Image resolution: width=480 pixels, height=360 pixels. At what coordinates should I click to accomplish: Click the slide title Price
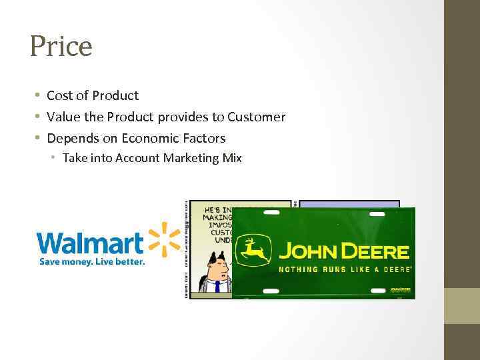pyautogui.click(x=61, y=46)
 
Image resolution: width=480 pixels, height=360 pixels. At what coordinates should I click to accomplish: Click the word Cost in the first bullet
pyautogui.click(x=59, y=95)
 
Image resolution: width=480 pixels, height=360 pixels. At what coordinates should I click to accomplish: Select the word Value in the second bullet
pyautogui.click(x=63, y=117)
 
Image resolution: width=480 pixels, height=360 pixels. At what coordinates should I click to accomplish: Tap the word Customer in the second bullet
pyautogui.click(x=256, y=117)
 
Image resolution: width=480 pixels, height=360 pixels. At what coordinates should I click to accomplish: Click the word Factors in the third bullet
pyautogui.click(x=203, y=138)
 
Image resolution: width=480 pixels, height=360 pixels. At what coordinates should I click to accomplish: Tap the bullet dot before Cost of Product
pyautogui.click(x=38, y=95)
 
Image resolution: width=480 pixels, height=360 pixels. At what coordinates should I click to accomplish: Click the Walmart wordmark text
pyautogui.click(x=90, y=243)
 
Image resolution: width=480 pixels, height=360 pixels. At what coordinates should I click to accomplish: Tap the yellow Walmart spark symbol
pyautogui.click(x=163, y=240)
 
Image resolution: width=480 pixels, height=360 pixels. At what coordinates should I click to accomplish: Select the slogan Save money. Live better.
pyautogui.click(x=91, y=262)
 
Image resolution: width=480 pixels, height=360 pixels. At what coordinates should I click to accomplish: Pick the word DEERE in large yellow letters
pyautogui.click(x=375, y=251)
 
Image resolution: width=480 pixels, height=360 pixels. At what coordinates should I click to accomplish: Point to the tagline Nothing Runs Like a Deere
pyautogui.click(x=344, y=269)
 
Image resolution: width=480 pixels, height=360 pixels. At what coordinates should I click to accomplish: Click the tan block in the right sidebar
pyautogui.click(x=462, y=305)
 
